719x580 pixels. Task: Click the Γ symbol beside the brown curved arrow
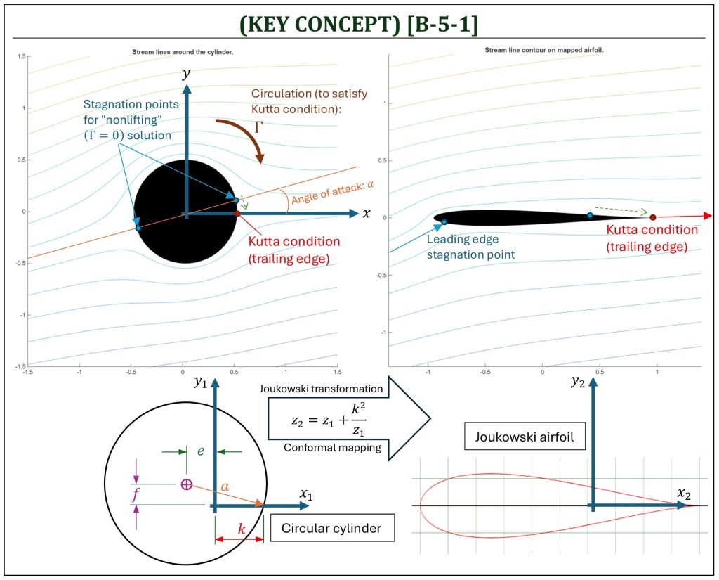[258, 127]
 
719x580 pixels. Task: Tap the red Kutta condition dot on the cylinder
[237, 214]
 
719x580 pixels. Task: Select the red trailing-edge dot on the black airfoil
[652, 217]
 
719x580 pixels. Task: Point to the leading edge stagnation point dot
[444, 222]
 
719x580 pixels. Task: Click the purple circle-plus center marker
[186, 484]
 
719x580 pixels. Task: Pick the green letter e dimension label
[200, 451]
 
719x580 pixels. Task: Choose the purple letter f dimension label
[136, 495]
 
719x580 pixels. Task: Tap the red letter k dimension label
[242, 529]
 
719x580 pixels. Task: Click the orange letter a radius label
[225, 486]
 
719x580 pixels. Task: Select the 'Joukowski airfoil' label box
[525, 436]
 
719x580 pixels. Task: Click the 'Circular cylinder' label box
[332, 528]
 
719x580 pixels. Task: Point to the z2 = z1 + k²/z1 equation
[329, 420]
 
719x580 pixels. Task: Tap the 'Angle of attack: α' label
[333, 192]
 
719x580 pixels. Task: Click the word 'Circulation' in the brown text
[279, 94]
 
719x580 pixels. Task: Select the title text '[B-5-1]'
[442, 24]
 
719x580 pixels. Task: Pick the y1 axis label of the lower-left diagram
[200, 381]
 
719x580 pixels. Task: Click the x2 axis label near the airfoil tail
[684, 494]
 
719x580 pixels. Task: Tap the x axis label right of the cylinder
[367, 214]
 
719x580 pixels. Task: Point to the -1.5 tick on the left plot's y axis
[21, 366]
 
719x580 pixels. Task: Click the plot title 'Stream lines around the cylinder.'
[183, 52]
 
